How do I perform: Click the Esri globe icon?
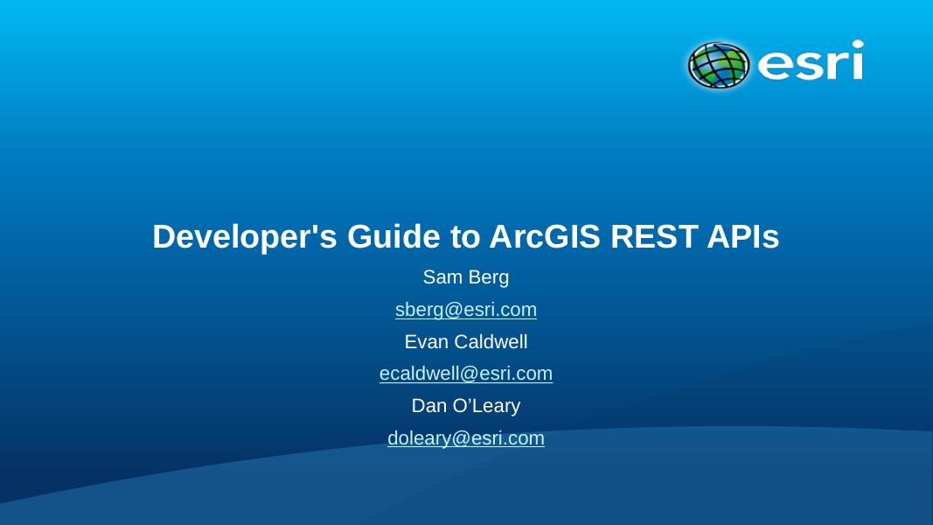[718, 65]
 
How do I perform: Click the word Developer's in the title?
[245, 237]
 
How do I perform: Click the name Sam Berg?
[466, 277]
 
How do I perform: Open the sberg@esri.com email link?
[466, 310]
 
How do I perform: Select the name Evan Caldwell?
[466, 341]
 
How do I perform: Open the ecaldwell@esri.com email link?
[466, 374]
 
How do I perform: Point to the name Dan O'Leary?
[466, 405]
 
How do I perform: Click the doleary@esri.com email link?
[466, 438]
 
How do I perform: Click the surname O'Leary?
[486, 405]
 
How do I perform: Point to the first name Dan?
[429, 405]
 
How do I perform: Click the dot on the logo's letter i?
[858, 45]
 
